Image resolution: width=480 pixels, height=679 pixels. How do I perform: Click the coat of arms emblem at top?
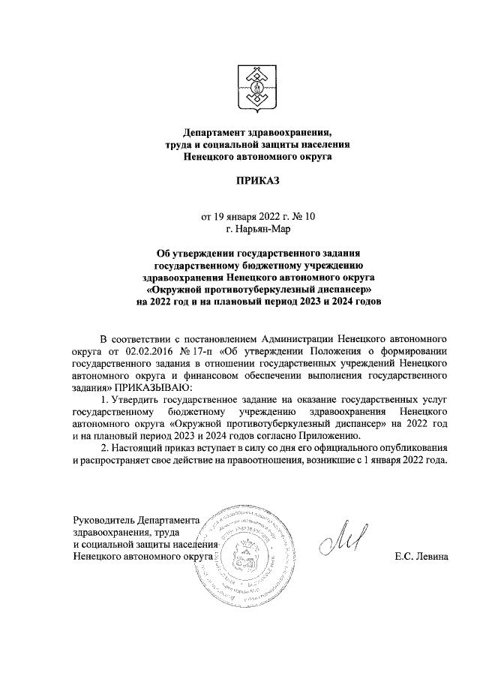coord(256,89)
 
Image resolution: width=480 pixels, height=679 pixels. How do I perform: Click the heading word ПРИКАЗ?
coord(257,181)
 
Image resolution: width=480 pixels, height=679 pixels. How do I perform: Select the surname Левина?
coord(430,557)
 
